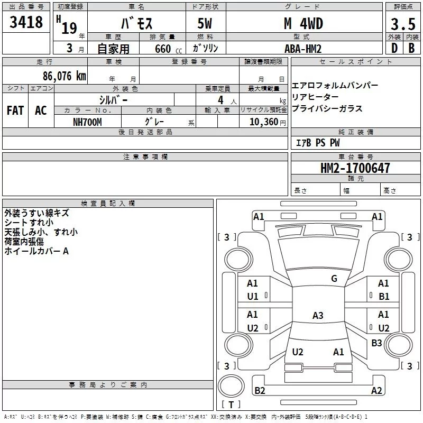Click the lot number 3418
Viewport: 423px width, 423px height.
[x=26, y=22]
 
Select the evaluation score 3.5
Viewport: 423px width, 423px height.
[x=402, y=24]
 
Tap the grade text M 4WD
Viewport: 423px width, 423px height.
[x=303, y=24]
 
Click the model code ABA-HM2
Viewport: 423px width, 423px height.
[x=303, y=49]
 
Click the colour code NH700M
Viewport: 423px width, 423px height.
[x=87, y=122]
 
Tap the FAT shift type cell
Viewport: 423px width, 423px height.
[x=15, y=111]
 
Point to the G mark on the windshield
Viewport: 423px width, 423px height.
[x=334, y=279]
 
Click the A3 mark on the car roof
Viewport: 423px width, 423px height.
[x=317, y=316]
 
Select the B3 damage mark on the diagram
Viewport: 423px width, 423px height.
[x=376, y=343]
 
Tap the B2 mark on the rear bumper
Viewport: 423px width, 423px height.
[x=260, y=391]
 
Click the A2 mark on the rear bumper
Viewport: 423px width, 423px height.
[x=376, y=391]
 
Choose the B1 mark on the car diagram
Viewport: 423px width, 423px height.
[x=384, y=297]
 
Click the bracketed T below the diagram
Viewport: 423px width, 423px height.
[x=231, y=405]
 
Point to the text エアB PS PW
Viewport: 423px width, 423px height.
[x=318, y=143]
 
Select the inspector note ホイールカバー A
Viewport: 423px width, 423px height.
[x=36, y=251]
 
